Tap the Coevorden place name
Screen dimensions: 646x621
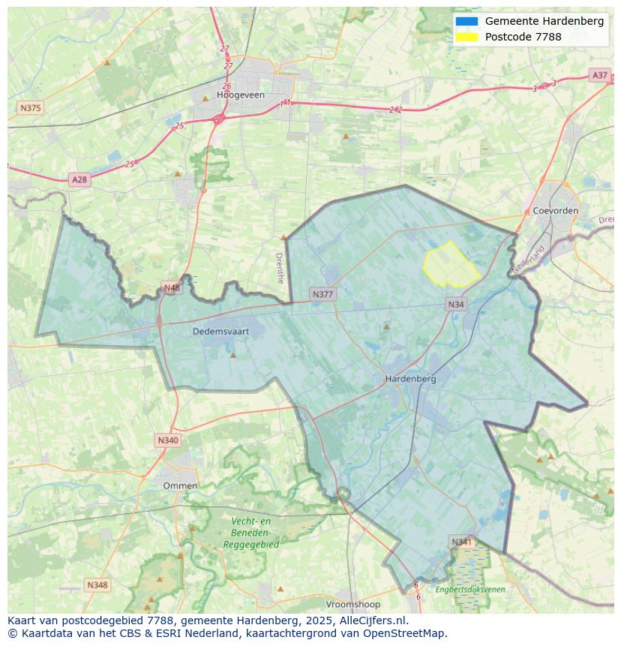[x=555, y=211]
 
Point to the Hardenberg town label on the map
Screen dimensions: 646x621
[x=410, y=379]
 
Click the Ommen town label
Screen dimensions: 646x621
[x=180, y=485]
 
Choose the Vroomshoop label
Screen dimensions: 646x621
[x=352, y=604]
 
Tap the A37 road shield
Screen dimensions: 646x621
[x=599, y=75]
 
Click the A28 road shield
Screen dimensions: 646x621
[x=79, y=179]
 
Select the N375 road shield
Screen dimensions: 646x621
[x=30, y=108]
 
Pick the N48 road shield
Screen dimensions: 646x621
[x=172, y=288]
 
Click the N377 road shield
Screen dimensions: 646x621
[x=322, y=294]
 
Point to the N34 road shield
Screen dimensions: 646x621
[x=455, y=304]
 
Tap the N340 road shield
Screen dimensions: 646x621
[x=168, y=440]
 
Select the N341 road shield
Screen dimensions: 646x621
[x=462, y=542]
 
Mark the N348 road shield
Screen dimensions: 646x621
[x=97, y=584]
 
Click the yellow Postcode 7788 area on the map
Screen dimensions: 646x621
[x=449, y=265]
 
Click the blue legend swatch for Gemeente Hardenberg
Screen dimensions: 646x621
[x=466, y=21]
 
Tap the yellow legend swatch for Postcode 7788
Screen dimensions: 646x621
[x=466, y=37]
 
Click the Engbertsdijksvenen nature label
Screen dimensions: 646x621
[x=470, y=590]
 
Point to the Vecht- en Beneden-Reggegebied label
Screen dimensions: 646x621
[x=250, y=533]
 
